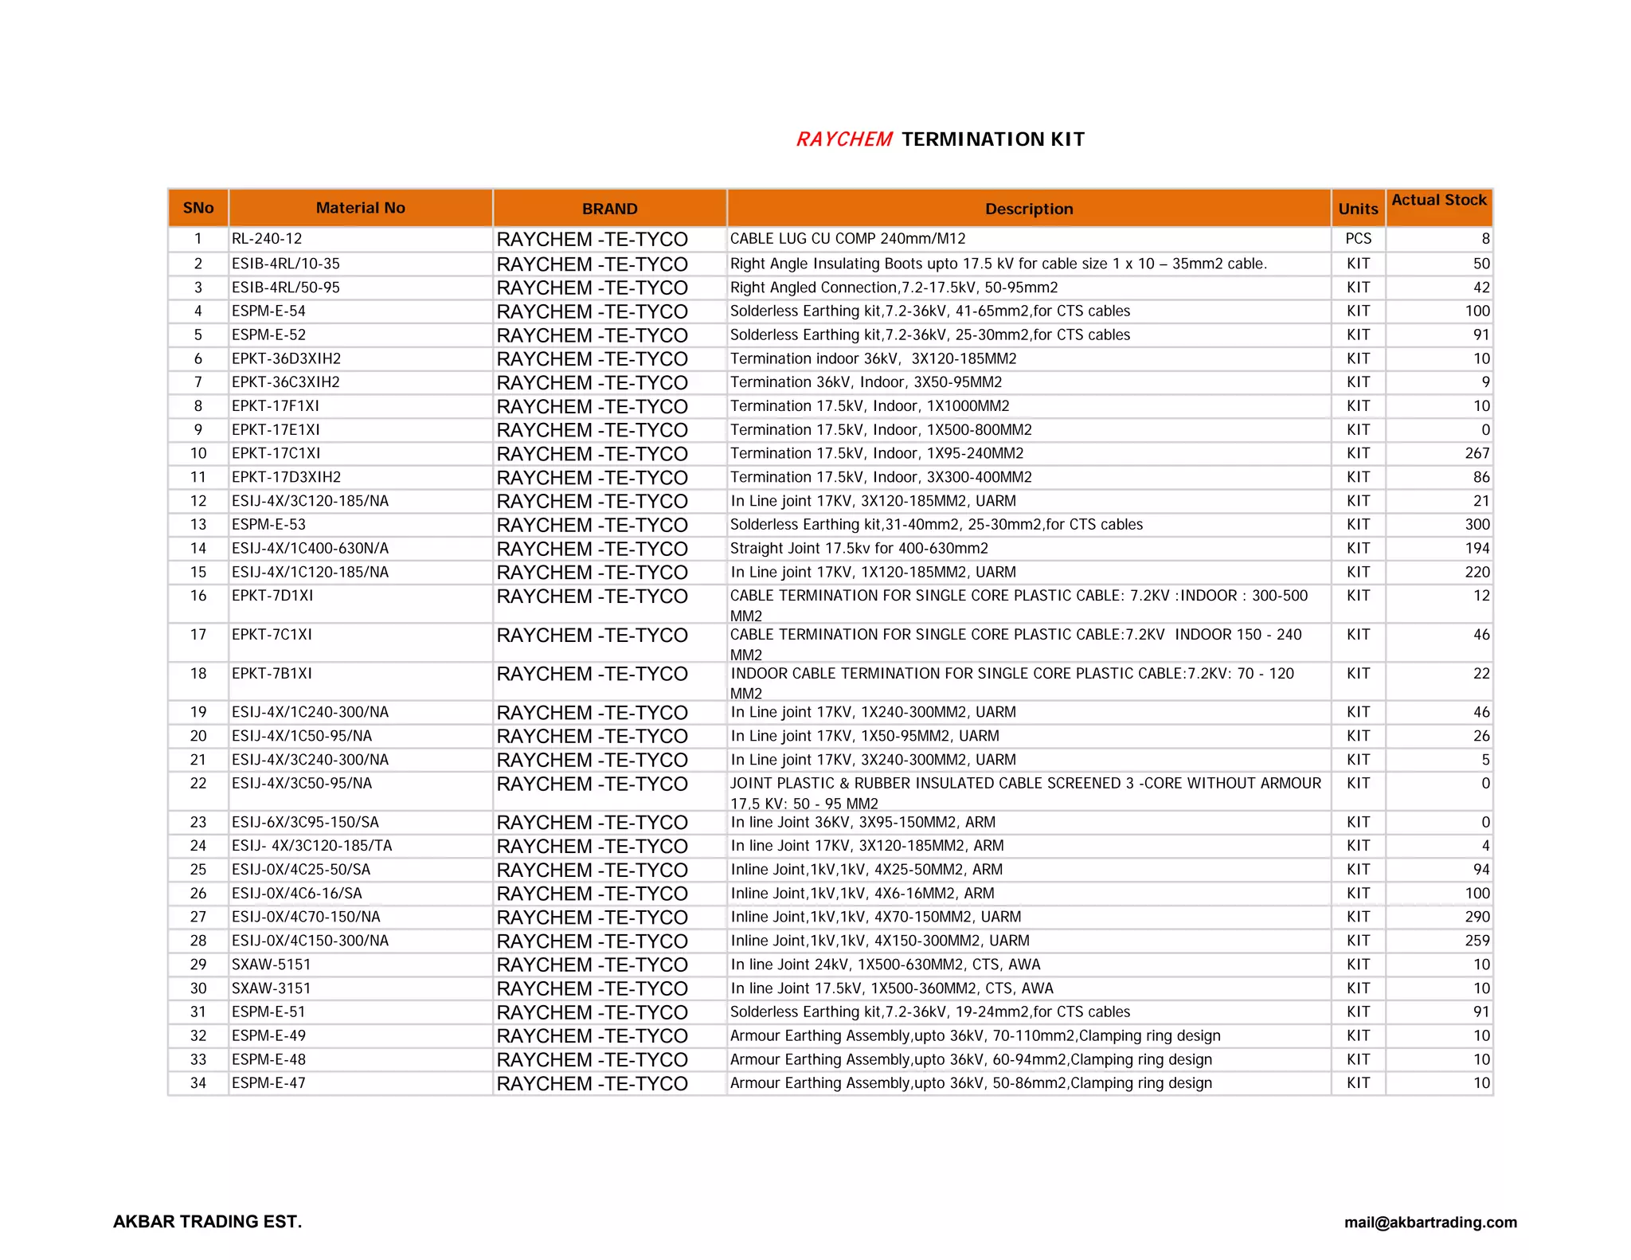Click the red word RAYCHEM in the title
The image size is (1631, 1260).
[843, 139]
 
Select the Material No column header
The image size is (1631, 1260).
[360, 208]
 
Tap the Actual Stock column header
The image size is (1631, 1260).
[1438, 200]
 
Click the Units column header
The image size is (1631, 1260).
[1358, 209]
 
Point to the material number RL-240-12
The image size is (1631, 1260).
[267, 239]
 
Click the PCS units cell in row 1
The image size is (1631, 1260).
[1358, 239]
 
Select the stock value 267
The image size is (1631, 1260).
[1477, 453]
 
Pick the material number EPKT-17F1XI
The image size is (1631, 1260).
[275, 406]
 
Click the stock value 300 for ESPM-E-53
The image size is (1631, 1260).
[1477, 525]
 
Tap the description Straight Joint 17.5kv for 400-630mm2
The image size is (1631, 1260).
[859, 549]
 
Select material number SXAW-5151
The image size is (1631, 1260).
[271, 965]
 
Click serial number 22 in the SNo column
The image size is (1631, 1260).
[198, 784]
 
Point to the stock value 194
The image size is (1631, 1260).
[1477, 549]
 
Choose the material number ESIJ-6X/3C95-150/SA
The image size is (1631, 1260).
[305, 822]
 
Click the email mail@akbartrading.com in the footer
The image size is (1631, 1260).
[1430, 1223]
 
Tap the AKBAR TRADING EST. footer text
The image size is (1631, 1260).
[208, 1222]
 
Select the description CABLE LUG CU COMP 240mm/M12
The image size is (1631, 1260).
[847, 239]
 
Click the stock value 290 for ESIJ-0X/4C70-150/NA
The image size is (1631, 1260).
[1477, 918]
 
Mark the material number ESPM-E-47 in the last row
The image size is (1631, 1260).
[268, 1083]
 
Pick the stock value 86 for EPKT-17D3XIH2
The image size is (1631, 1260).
[1480, 477]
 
